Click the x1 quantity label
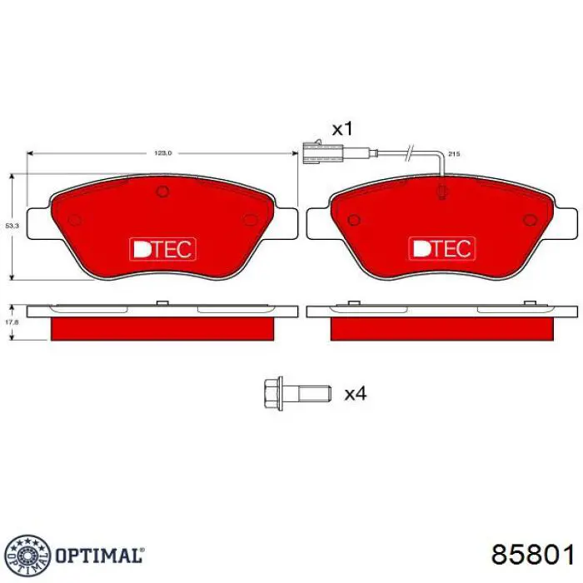coord(343,129)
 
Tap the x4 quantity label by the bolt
coord(356,392)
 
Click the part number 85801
coord(532,556)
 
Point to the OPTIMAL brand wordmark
coord(99,555)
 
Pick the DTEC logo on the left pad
coord(162,247)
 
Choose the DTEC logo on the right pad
coord(442,247)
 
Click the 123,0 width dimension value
coord(162,153)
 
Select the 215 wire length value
coord(454,155)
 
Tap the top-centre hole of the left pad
coord(162,192)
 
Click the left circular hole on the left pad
coord(73,220)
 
